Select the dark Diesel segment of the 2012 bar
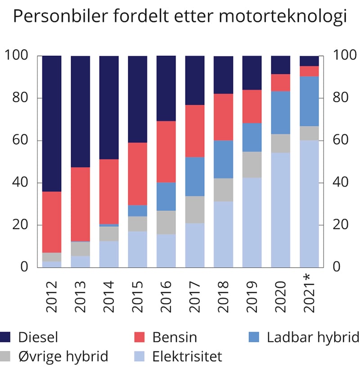(x=52, y=124)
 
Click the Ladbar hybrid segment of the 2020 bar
(x=281, y=112)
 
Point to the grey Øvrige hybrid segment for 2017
(x=195, y=210)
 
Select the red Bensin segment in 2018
(x=223, y=117)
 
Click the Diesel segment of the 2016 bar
(x=166, y=88)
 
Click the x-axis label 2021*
(x=310, y=295)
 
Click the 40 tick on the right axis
(x=341, y=183)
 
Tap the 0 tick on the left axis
(x=24, y=267)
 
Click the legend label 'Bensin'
(x=174, y=336)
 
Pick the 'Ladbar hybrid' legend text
(x=313, y=336)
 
